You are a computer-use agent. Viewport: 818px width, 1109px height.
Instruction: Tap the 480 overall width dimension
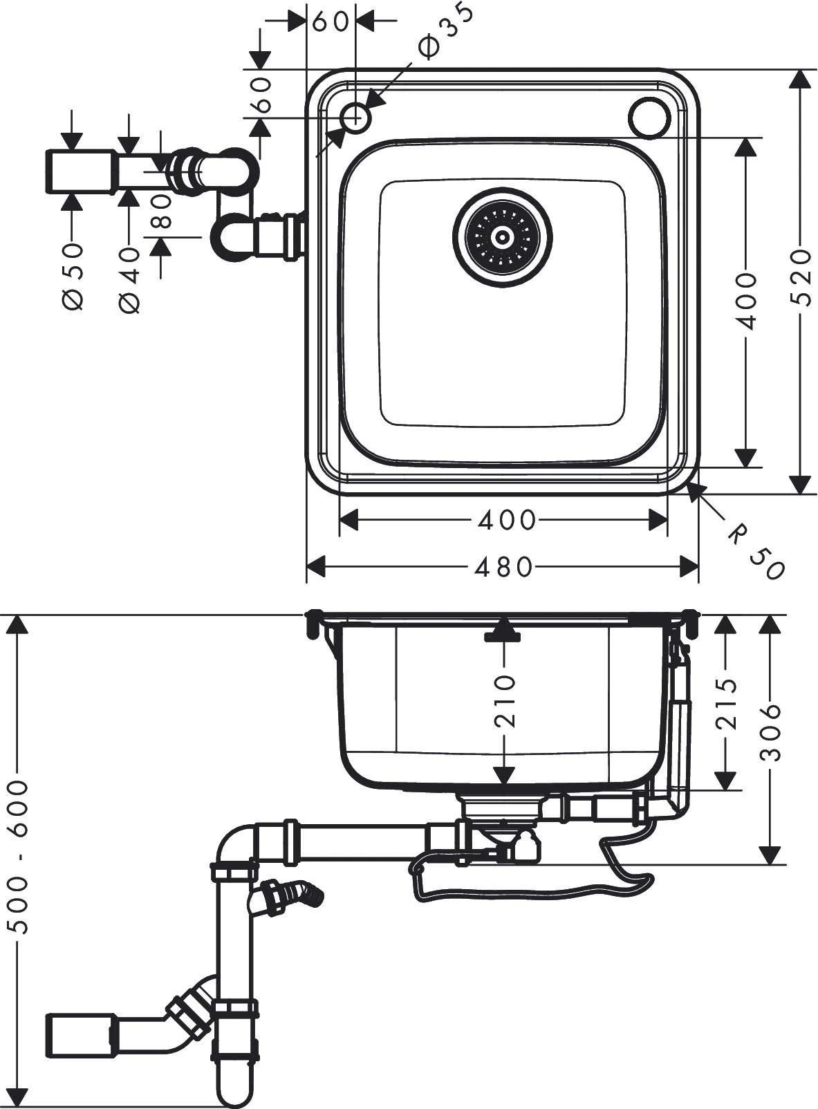pos(503,568)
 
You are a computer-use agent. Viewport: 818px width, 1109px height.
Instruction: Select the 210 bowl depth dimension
pos(505,701)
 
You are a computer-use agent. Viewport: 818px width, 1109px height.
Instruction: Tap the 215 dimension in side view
pos(725,705)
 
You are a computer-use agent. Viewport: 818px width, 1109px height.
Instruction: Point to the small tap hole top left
pos(356,117)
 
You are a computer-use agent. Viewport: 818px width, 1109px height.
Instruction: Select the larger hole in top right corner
pos(650,115)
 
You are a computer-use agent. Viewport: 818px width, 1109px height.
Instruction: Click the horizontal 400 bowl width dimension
pos(505,520)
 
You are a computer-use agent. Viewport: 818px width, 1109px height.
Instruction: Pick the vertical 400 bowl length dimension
pos(745,301)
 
